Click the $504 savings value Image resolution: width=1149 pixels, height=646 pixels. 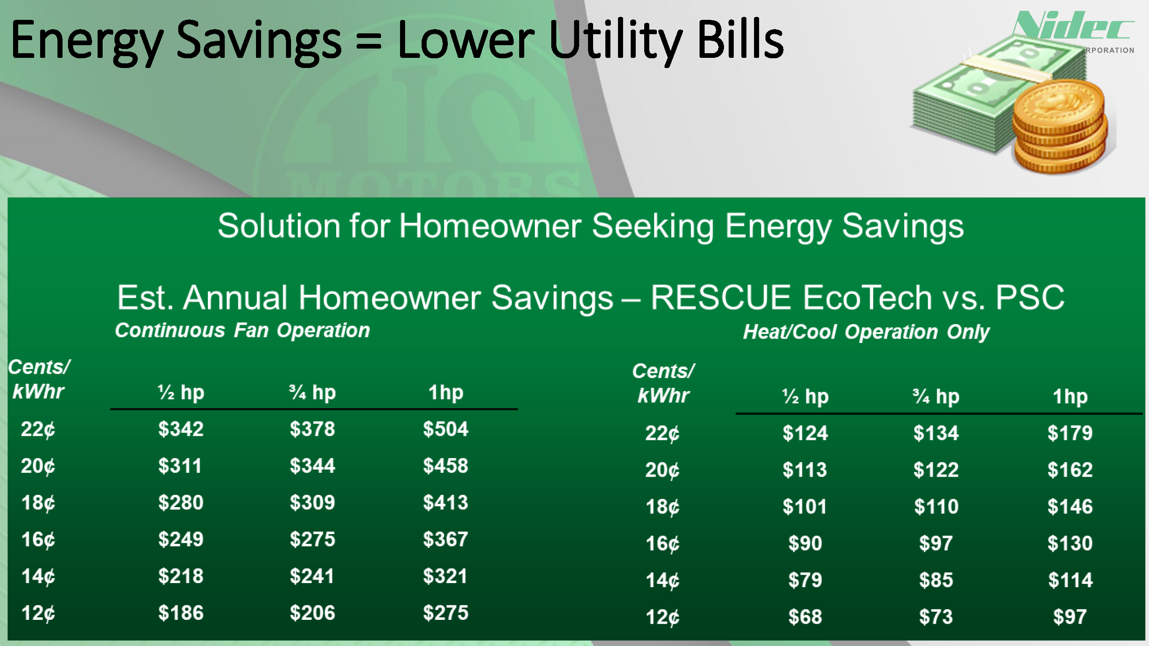click(446, 429)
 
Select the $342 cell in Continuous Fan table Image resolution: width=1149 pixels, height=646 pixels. click(181, 429)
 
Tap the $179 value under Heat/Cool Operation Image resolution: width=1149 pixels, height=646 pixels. click(1070, 433)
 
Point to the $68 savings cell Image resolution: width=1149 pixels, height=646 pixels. click(805, 617)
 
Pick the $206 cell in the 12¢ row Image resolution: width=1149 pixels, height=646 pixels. click(312, 613)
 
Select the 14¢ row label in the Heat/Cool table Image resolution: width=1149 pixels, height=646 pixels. click(662, 581)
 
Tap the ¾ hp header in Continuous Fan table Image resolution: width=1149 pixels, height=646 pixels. click(312, 392)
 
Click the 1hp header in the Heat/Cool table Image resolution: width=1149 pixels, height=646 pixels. click(1070, 396)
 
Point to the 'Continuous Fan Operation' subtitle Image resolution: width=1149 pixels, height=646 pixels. click(242, 330)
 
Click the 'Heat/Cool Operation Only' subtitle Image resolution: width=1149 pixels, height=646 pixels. click(866, 332)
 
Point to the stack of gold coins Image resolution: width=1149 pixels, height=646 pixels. click(1059, 128)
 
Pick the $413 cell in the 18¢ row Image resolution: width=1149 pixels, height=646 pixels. click(446, 503)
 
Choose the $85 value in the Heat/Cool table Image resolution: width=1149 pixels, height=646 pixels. click(936, 581)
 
